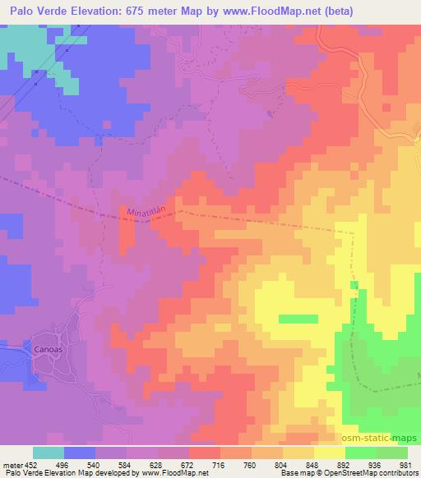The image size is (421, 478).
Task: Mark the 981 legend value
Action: (405, 464)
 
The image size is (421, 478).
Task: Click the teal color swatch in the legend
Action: (49, 453)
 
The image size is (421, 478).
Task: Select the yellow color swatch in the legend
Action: (329, 453)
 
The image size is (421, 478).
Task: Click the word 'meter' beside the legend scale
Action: (12, 464)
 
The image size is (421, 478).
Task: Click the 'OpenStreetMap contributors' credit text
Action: (374, 473)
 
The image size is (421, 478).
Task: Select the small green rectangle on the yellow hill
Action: (298, 319)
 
